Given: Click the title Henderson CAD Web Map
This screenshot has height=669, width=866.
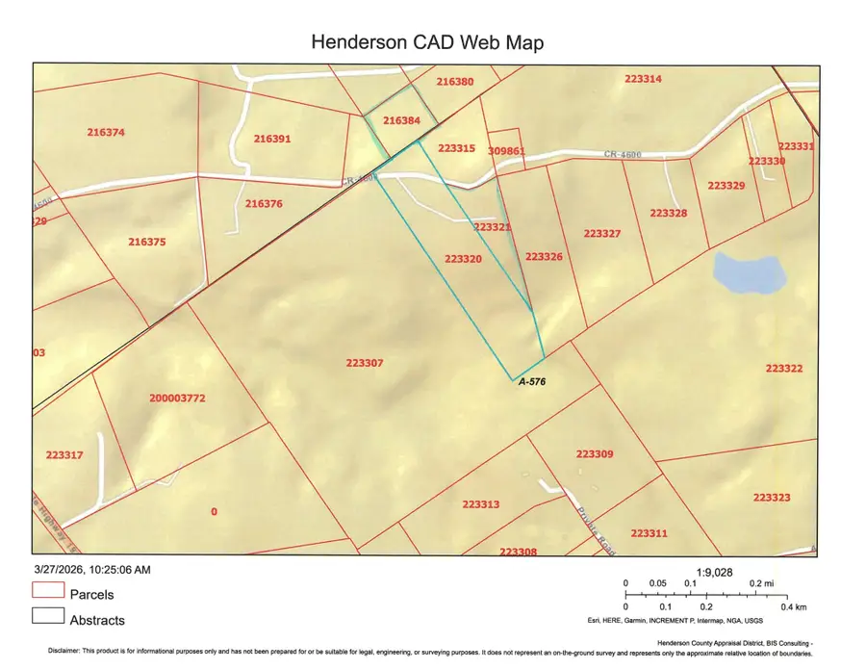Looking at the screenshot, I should click(x=427, y=42).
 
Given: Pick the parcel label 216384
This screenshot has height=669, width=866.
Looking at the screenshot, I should click(x=401, y=121).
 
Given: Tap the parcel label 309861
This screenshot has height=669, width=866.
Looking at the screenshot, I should click(x=506, y=151).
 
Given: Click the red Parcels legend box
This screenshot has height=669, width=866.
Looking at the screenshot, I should click(x=48, y=593).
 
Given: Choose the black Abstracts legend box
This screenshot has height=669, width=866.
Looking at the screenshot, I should click(x=48, y=618).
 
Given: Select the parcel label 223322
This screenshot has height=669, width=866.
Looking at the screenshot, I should click(x=784, y=369).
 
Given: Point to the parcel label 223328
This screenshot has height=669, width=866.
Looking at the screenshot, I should click(x=668, y=213).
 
